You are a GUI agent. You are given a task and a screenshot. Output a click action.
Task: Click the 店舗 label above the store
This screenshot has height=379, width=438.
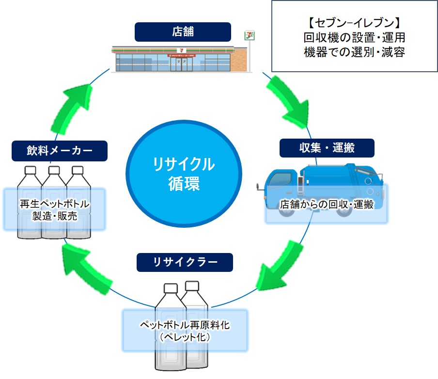[183, 32]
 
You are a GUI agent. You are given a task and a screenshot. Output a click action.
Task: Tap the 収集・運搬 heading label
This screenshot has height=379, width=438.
[327, 148]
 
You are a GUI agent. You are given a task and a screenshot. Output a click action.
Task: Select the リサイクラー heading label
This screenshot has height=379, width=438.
[185, 262]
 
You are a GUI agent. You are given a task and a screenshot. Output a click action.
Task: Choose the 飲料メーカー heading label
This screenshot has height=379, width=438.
[59, 151]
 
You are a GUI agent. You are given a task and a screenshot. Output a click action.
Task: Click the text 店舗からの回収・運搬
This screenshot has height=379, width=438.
[327, 205]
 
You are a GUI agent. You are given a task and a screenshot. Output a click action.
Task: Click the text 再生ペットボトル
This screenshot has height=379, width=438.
[54, 204]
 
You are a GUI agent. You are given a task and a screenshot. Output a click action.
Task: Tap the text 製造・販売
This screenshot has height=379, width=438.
[54, 216]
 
